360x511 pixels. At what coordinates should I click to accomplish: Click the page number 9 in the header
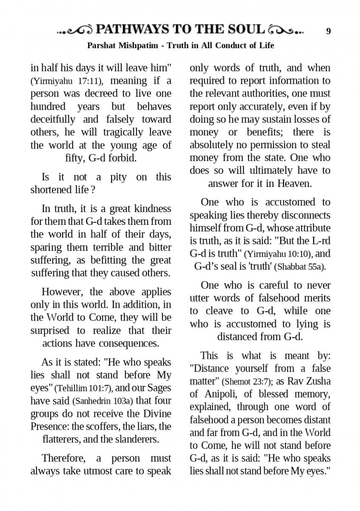pos(329,31)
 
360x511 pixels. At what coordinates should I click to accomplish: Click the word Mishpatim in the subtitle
pos(141,45)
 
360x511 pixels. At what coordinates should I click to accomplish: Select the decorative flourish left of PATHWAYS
pos(75,30)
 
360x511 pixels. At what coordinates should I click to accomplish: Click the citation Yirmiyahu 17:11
pos(66,81)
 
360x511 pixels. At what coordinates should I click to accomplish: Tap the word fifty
pos(76,158)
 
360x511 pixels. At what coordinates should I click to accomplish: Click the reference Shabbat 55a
pos(300,267)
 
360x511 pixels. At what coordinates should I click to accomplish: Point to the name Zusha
pos(316,381)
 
